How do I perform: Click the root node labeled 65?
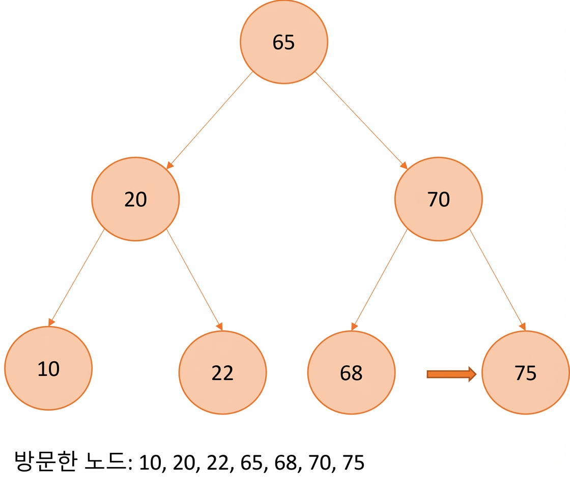(x=284, y=42)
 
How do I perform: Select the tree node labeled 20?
(x=135, y=199)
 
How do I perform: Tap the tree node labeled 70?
(x=438, y=199)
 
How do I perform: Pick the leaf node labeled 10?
(x=48, y=368)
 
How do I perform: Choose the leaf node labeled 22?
(x=222, y=372)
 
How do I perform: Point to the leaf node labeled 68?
(x=351, y=372)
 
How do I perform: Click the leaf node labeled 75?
(x=526, y=372)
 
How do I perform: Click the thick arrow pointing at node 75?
(x=451, y=374)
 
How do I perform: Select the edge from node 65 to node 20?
(x=209, y=120)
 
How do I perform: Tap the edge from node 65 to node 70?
(x=361, y=120)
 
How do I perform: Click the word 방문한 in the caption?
(x=46, y=461)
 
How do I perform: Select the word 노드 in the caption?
(x=105, y=461)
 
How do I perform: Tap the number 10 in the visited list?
(x=150, y=463)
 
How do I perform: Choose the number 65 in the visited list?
(x=251, y=463)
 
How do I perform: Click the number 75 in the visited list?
(x=353, y=463)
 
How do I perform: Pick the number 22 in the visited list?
(x=218, y=463)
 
